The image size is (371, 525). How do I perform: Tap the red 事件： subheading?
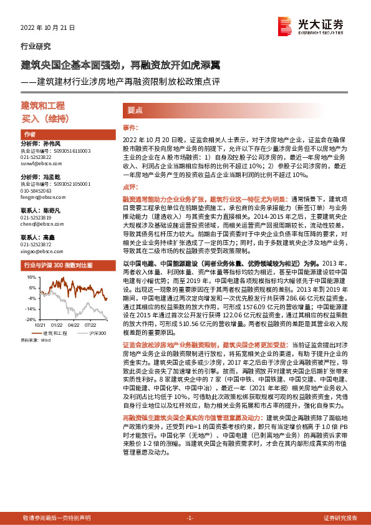pos(129,127)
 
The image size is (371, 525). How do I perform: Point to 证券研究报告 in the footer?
pos(340,518)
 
